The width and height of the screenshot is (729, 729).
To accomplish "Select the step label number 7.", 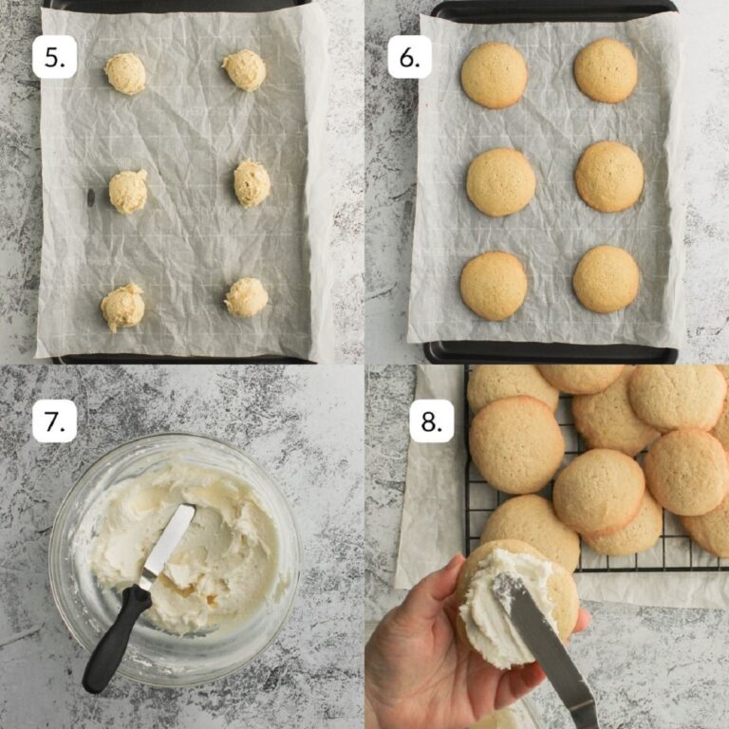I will pyautogui.click(x=54, y=421).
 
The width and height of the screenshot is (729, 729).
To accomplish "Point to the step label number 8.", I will pyautogui.click(x=431, y=421).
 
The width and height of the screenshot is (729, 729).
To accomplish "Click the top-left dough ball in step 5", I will pyautogui.click(x=125, y=73).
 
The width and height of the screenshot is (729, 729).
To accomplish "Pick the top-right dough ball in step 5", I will pyautogui.click(x=245, y=70).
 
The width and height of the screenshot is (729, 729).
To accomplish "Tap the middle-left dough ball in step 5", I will pyautogui.click(x=128, y=192).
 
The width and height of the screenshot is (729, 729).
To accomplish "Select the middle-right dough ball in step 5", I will pyautogui.click(x=252, y=183).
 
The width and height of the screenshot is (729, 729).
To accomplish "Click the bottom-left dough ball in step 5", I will pyautogui.click(x=123, y=307).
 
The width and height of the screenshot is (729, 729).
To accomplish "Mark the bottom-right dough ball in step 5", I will pyautogui.click(x=247, y=297).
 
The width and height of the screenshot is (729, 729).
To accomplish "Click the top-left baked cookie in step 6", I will pyautogui.click(x=494, y=75).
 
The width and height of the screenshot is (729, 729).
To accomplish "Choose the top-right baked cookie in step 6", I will pyautogui.click(x=606, y=70).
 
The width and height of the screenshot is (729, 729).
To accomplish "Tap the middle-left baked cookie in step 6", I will pyautogui.click(x=500, y=181).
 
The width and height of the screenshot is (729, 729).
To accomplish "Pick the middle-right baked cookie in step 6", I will pyautogui.click(x=609, y=177).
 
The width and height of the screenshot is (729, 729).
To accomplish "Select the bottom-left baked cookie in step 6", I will pyautogui.click(x=494, y=285).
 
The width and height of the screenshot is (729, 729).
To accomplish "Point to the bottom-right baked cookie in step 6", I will pyautogui.click(x=607, y=279).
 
